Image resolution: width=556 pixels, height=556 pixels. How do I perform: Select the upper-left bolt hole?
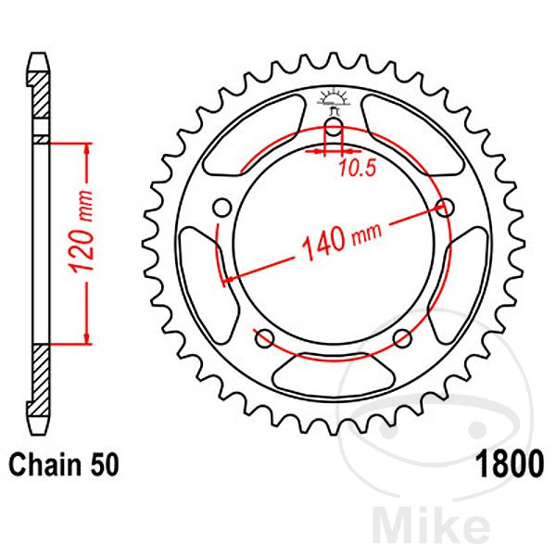pos(221,206)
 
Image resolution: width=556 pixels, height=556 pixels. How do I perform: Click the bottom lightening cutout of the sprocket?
pos(332,374)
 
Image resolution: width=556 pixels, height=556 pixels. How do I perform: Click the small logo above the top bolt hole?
pos(333,98)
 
